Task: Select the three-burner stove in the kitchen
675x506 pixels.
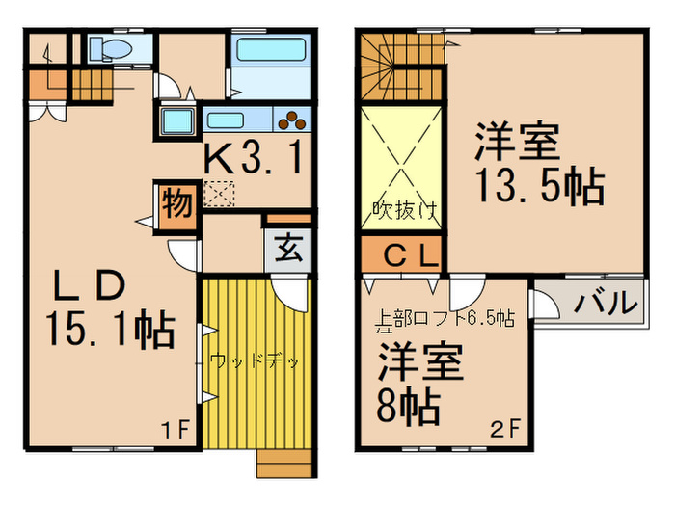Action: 292,120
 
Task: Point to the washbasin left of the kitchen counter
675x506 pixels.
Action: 177,121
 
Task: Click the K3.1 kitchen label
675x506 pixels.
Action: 256,157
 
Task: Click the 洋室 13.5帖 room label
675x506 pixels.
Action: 535,164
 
